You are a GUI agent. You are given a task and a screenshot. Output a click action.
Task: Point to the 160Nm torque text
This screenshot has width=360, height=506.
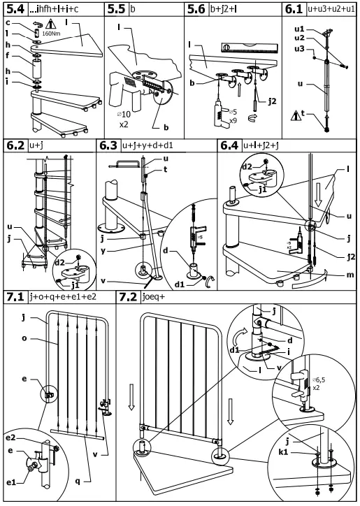coord(51,32)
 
